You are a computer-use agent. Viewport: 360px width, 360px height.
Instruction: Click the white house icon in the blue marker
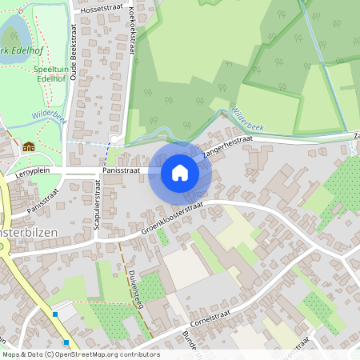click(x=180, y=173)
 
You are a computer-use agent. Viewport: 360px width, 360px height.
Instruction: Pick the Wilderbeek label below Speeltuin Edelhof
click(x=47, y=117)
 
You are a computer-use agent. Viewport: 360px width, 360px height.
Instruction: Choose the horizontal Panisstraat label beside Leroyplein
click(x=122, y=170)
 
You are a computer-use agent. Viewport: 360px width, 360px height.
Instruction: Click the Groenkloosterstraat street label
click(x=171, y=216)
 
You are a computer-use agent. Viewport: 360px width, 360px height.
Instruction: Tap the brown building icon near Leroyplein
click(x=30, y=146)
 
